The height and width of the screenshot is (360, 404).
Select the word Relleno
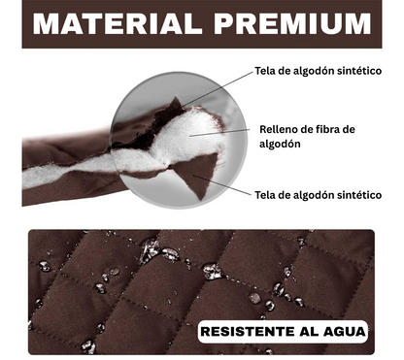pyautogui.click(x=280, y=128)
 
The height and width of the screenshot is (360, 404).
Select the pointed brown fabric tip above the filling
pyautogui.click(x=175, y=107)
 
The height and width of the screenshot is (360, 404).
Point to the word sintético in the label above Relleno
pyautogui.click(x=352, y=71)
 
